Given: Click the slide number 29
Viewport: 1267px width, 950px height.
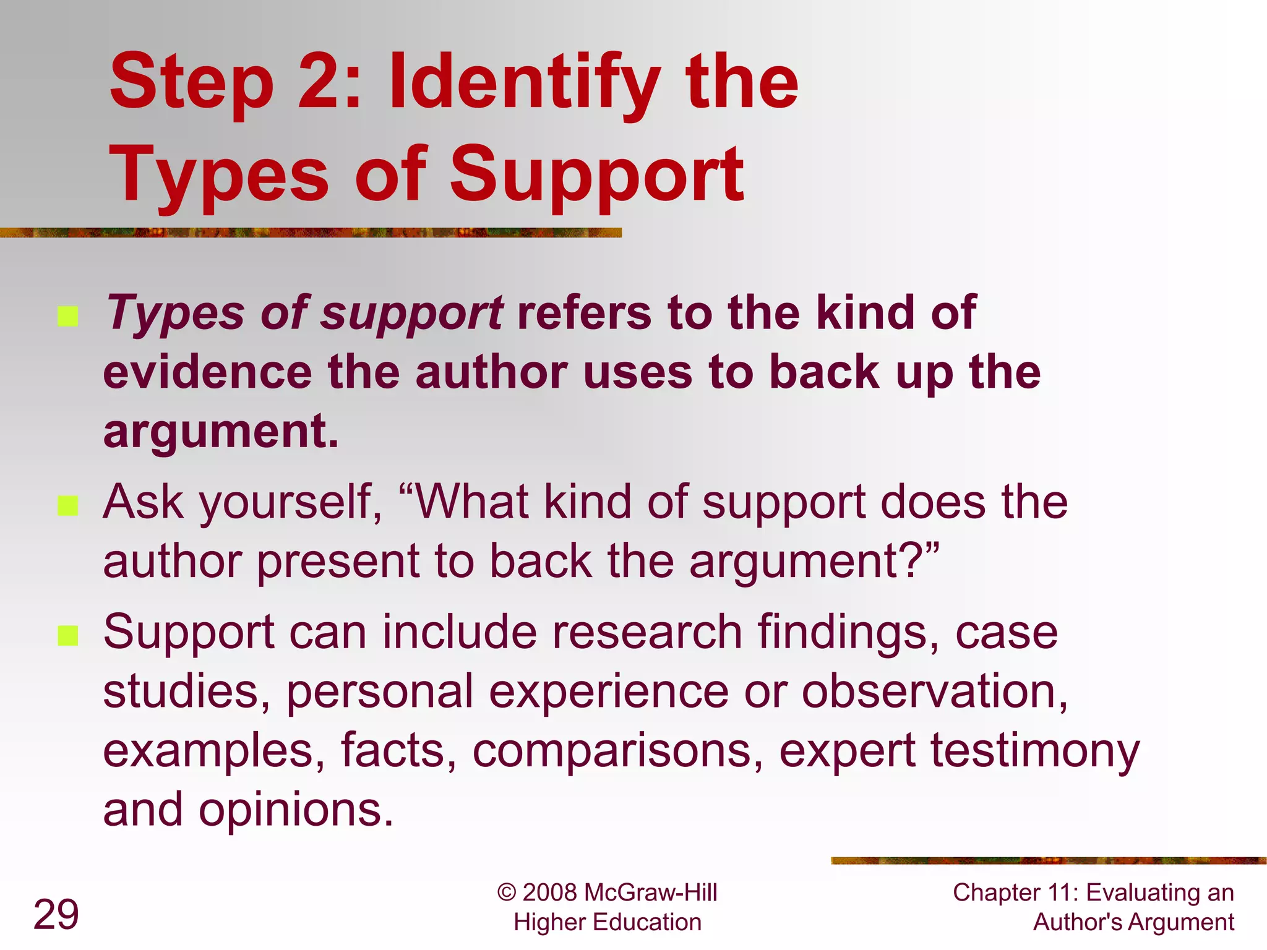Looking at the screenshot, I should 56,914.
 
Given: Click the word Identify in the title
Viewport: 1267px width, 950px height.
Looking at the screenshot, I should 524,85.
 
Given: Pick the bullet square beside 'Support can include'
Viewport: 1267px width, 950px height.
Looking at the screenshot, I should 67,635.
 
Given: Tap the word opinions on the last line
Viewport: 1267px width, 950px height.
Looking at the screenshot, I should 296,810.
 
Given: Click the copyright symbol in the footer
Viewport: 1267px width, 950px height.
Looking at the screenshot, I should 507,892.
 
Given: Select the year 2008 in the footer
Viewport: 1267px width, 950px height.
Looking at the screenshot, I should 549,892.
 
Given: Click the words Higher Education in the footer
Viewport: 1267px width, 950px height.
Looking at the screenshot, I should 608,922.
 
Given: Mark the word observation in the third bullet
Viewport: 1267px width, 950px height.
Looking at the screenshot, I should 934,691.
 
